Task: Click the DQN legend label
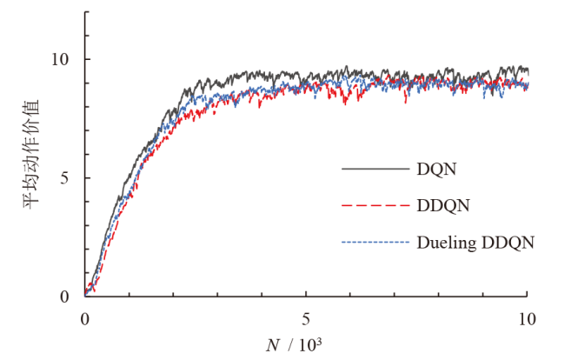coord(437,167)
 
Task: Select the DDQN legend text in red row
coord(444,205)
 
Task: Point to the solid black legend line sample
coord(375,167)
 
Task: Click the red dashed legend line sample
coord(375,205)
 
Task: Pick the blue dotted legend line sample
coord(375,243)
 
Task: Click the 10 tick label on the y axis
coord(59,59)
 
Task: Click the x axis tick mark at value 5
coord(307,294)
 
